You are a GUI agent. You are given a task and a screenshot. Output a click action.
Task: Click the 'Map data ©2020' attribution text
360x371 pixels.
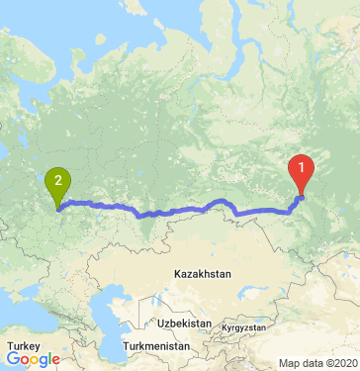pyautogui.click(x=318, y=363)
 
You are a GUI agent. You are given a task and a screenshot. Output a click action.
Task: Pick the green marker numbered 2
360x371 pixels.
pyautogui.click(x=58, y=183)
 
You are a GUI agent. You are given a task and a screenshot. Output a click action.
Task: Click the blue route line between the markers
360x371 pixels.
pyautogui.click(x=178, y=211)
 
